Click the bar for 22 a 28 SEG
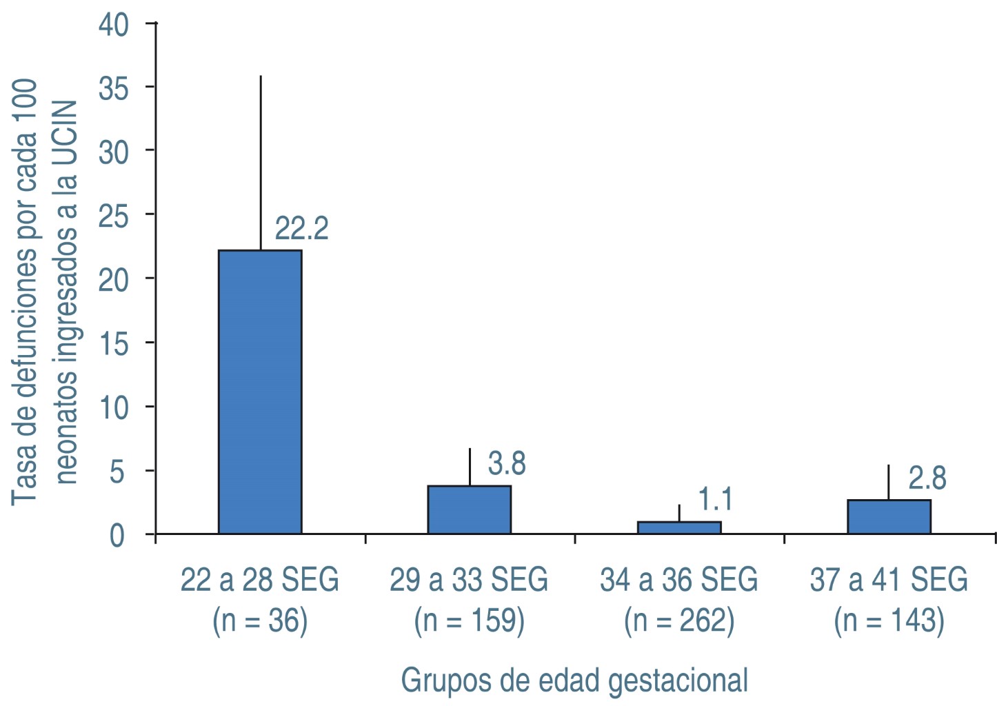260,392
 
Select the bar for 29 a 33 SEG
470,510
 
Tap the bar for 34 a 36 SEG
679,527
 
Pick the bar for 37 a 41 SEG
889,516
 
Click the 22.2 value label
301,229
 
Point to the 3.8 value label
507,464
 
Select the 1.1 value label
715,499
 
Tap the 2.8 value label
927,478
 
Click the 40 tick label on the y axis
113,25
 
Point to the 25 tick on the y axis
113,216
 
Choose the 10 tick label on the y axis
113,407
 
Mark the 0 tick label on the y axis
117,536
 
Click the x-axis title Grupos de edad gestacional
574,680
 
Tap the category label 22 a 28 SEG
260,580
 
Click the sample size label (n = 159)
470,621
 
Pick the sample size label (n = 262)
679,621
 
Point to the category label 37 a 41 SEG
889,580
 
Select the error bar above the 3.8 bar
470,467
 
